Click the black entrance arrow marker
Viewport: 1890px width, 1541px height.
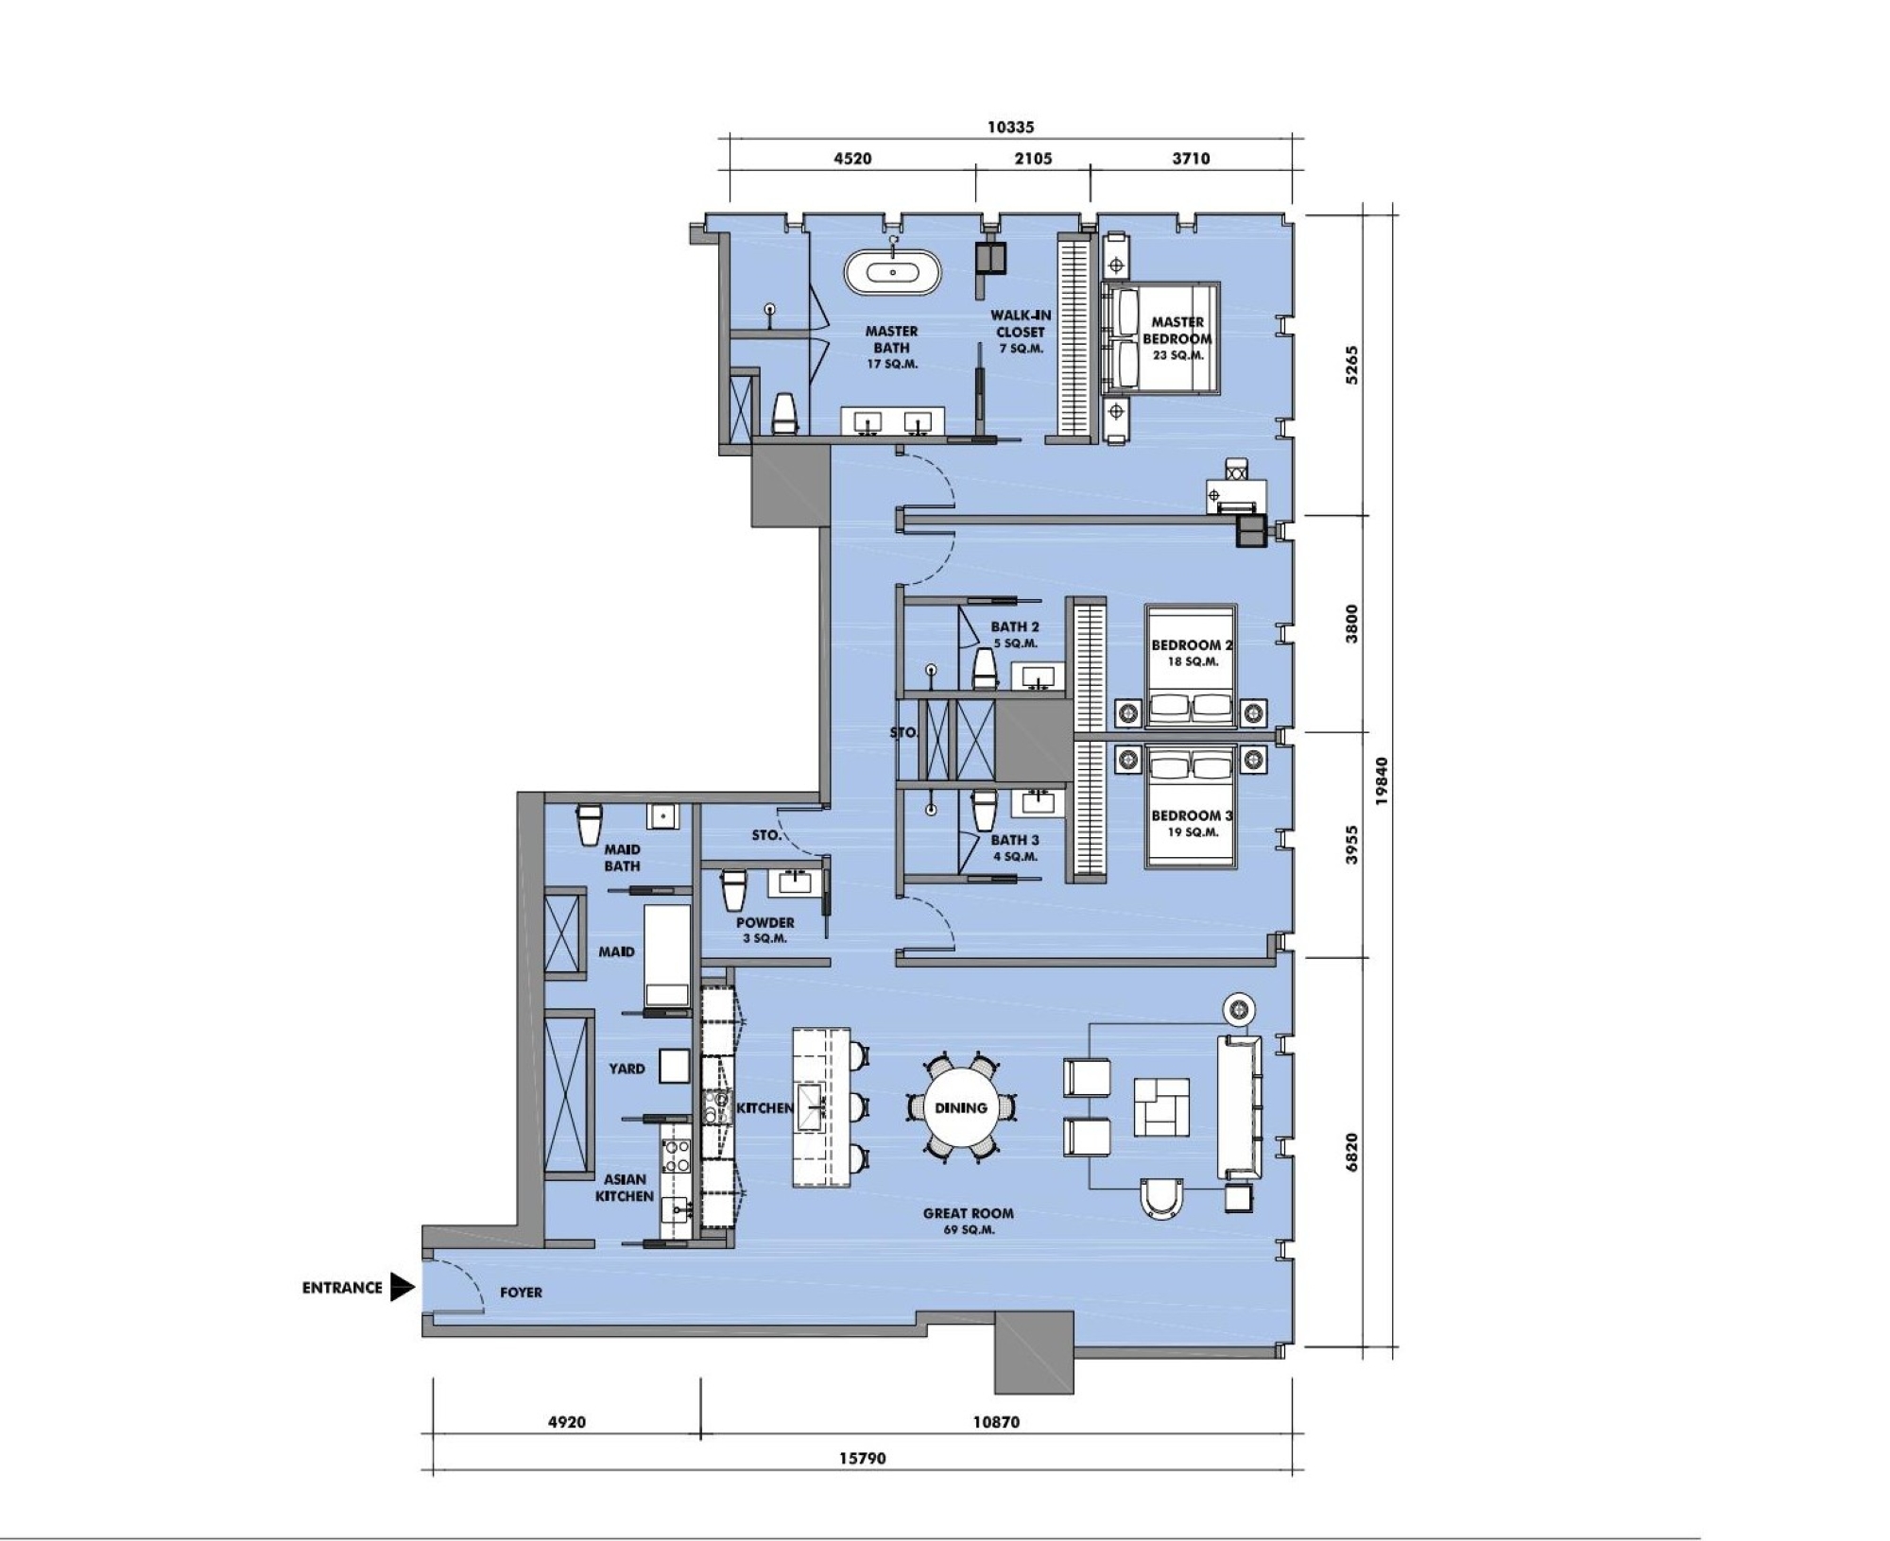[403, 1287]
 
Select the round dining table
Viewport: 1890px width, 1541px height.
[961, 1107]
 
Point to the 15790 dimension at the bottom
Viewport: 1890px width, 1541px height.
[862, 1458]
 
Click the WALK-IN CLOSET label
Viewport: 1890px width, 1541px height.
[1021, 332]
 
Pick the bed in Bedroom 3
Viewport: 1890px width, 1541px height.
[1191, 806]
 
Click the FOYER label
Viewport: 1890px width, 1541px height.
[521, 1292]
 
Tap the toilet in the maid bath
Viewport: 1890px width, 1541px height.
[590, 824]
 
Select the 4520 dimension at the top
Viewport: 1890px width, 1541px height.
[852, 159]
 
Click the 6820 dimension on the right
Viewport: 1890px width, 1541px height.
[1352, 1152]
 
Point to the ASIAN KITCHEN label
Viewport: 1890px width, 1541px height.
[625, 1188]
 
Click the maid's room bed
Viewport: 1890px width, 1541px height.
[667, 955]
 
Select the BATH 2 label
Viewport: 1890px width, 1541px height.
[1015, 626]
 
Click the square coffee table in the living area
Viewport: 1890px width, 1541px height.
[1161, 1106]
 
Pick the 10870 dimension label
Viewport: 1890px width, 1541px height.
[996, 1421]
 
